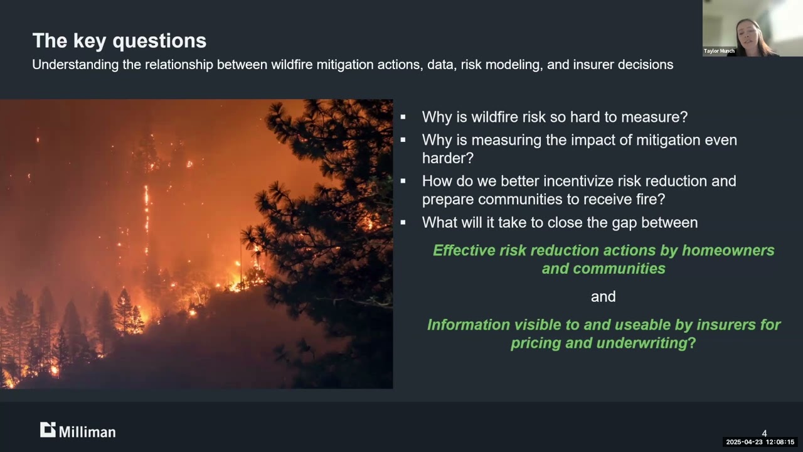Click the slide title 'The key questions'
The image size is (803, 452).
(119, 41)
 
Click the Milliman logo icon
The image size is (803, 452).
(48, 430)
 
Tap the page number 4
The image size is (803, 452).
(764, 433)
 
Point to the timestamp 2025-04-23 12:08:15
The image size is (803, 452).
(760, 442)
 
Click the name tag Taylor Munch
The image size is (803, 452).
(719, 51)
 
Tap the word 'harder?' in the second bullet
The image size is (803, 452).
(447, 158)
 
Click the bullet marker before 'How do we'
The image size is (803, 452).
(403, 181)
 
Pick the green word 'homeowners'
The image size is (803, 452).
(728, 250)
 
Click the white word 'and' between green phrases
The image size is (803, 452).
(603, 296)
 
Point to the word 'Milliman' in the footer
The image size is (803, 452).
(87, 431)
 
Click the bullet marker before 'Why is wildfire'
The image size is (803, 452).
(403, 117)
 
